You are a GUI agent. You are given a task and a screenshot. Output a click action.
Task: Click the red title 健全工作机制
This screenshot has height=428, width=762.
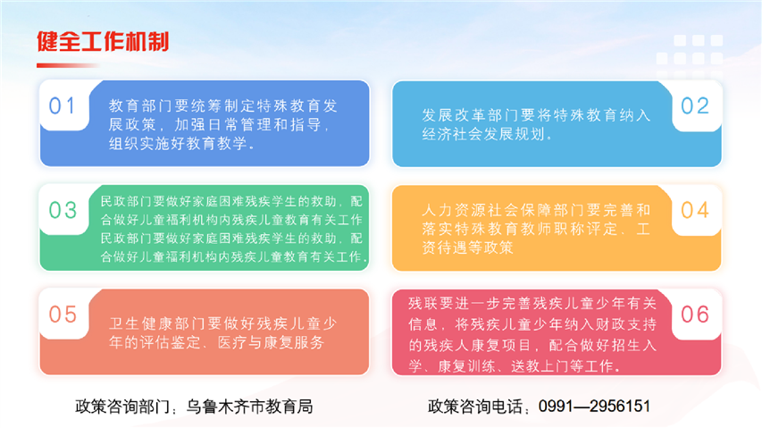coord(103,42)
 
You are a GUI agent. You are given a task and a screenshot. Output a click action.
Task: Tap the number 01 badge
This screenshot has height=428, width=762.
coord(63,106)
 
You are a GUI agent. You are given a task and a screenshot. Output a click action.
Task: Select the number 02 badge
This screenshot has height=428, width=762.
coord(695,106)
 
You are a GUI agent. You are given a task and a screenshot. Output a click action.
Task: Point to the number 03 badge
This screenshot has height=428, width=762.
coord(63,210)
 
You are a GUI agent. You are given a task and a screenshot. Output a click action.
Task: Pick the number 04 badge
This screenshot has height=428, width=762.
coord(695,210)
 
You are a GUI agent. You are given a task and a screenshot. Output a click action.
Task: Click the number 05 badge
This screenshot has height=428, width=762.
coord(63,315)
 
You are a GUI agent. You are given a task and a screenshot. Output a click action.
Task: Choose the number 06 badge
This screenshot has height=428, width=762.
coord(695,315)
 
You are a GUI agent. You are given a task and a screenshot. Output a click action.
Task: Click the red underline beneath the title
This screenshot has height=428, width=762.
coord(68,65)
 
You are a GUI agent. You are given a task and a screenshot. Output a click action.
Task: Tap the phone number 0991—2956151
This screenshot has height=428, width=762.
coord(594,407)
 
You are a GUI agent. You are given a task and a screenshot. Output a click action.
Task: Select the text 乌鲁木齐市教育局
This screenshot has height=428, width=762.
coord(250,407)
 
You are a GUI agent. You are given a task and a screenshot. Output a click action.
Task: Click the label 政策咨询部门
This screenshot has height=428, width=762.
coord(122,407)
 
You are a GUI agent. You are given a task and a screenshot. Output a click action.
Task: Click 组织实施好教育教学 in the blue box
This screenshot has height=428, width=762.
coord(178,144)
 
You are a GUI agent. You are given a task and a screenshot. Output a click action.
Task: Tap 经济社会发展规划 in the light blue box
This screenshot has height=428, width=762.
coord(483,134)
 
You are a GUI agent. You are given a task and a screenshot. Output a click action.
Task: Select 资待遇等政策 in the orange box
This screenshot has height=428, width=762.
coord(467,248)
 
